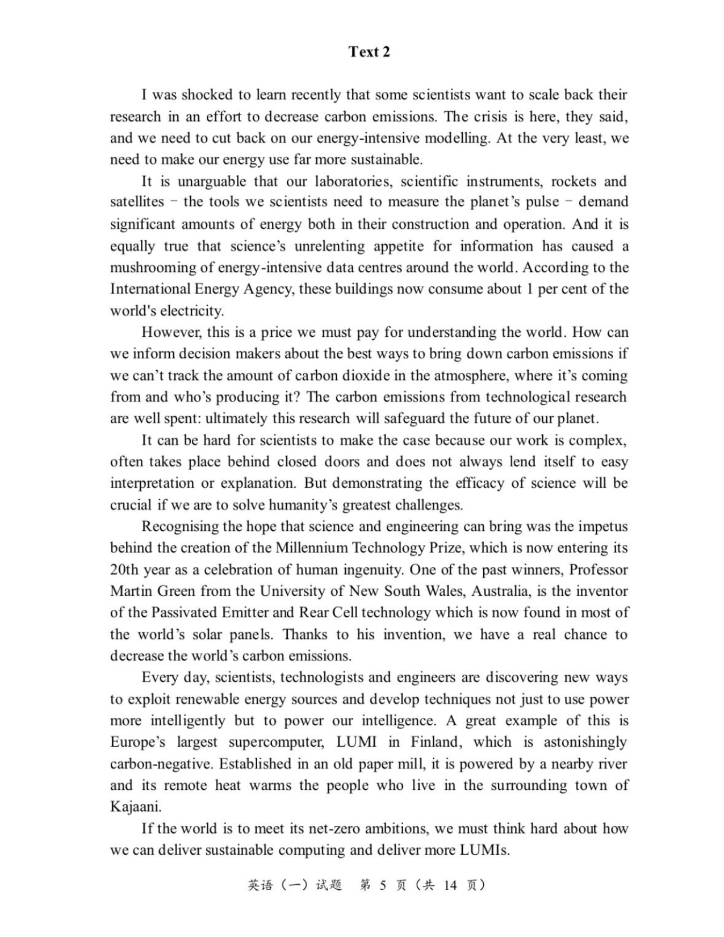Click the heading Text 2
click(369, 52)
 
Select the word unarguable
click(213, 181)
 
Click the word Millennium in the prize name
click(311, 548)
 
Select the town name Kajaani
click(135, 807)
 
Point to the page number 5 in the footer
click(382, 885)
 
